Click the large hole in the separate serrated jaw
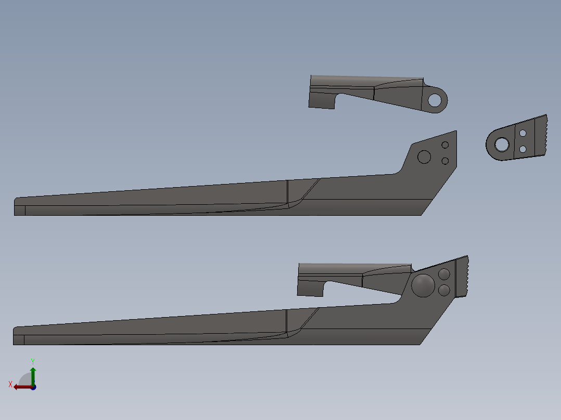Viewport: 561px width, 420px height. point(502,144)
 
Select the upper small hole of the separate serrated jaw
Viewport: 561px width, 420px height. point(523,134)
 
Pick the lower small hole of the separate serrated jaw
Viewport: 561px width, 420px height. point(523,149)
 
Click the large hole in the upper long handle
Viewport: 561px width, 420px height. point(425,156)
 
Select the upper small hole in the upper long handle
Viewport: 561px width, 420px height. point(445,145)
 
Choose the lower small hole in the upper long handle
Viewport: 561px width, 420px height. point(445,161)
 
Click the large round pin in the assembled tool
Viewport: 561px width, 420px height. point(423,285)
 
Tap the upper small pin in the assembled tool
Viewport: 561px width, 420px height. point(444,274)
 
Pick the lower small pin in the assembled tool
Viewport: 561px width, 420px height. point(444,290)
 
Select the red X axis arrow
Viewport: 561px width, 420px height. point(21,387)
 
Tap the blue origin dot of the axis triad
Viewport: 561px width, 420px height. point(33,387)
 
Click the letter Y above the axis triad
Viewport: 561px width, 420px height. point(33,361)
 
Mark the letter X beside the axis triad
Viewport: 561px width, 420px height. point(10,384)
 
